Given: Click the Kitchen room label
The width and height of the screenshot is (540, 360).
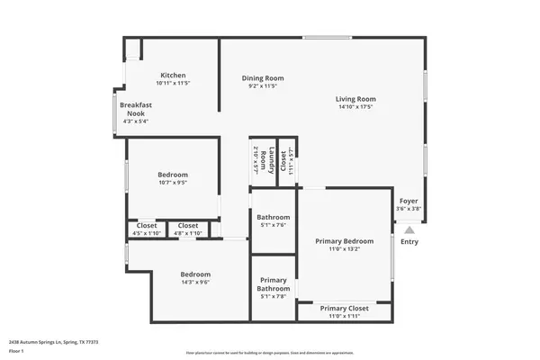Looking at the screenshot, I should click(173, 75).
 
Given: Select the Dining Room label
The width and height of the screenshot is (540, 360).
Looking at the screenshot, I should click(263, 78).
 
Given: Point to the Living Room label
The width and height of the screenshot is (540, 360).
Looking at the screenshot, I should click(355, 99).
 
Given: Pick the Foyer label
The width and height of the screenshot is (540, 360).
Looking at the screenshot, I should click(409, 201).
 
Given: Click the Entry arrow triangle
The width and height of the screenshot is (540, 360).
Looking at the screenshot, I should click(409, 230).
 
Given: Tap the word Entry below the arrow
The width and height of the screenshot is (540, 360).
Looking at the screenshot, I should click(409, 241).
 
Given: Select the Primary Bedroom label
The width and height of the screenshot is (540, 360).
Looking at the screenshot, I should click(344, 241).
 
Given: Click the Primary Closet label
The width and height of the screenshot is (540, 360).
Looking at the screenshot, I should click(344, 308).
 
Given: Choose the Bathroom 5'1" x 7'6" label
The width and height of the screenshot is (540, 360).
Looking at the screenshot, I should click(273, 217).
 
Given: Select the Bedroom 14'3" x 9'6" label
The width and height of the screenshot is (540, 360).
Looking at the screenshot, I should click(195, 274).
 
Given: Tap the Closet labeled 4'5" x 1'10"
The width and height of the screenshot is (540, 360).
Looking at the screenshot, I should click(146, 225).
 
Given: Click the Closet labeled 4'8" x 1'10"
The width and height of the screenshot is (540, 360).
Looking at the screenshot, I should click(188, 225).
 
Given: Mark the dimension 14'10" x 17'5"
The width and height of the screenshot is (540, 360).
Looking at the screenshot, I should click(355, 107).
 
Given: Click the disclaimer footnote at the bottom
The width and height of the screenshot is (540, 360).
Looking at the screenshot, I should click(270, 353).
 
